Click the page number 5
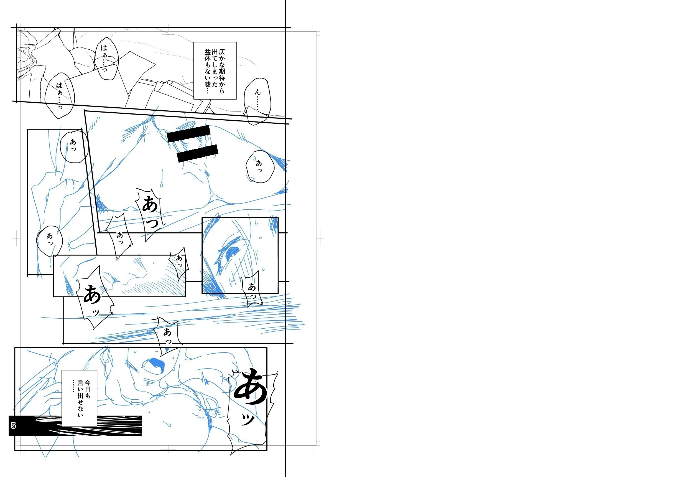pyautogui.click(x=13, y=426)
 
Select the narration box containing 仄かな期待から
pyautogui.click(x=215, y=70)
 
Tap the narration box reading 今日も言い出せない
pyautogui.click(x=79, y=398)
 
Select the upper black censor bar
pyautogui.click(x=189, y=134)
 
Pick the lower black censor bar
pyautogui.click(x=198, y=153)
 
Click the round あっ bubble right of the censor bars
pyautogui.click(x=260, y=167)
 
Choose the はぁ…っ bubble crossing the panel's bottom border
pyautogui.click(x=60, y=95)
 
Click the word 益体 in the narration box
pyautogui.click(x=208, y=55)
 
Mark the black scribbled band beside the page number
pyautogui.click(x=75, y=426)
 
